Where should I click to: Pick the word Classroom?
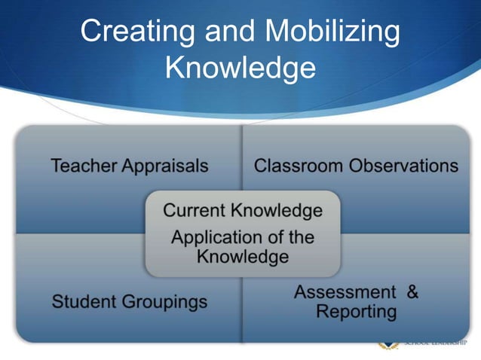298,166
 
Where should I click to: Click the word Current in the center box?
195,210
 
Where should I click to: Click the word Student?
81,303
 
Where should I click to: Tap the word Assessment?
345,292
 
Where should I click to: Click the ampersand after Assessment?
412,292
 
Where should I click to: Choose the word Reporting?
357,312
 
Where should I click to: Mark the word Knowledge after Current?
277,210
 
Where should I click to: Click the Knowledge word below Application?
243,258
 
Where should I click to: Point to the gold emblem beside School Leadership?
388,345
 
